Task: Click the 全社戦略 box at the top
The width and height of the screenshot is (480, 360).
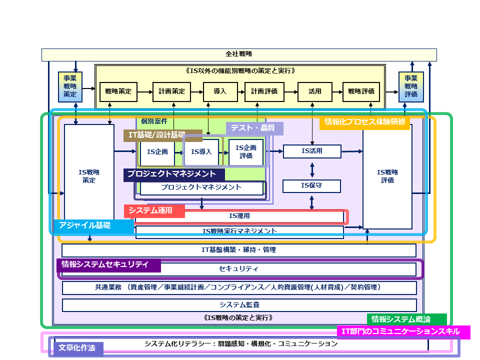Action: point(239,54)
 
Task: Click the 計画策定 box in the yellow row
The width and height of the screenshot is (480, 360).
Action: point(172,91)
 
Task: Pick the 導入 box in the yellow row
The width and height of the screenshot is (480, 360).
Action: point(220,91)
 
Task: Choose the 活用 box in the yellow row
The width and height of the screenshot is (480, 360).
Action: point(314,91)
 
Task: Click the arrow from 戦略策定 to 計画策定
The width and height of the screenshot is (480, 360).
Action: point(144,91)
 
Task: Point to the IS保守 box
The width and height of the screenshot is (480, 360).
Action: point(311,186)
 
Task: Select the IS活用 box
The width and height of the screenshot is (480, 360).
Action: point(312,151)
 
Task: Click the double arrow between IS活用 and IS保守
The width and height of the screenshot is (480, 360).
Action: point(312,168)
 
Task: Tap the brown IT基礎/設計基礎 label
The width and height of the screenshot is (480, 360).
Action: point(162,135)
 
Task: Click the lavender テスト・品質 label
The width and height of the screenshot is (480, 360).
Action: point(254,128)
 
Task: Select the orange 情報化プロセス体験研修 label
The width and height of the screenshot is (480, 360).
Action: point(364,122)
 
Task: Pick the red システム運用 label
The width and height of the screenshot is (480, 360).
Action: point(154,211)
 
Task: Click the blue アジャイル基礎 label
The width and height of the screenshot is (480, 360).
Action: point(93,225)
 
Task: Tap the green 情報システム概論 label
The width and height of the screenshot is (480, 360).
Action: point(406,319)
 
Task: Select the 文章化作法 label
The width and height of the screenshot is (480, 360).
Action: point(77,348)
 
